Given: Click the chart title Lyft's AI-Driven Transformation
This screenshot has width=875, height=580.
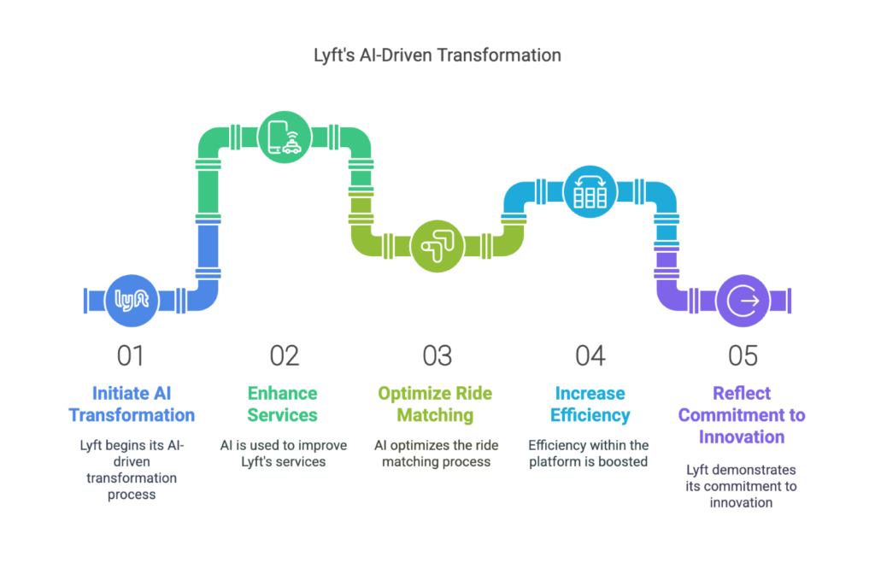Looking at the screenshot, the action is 437,56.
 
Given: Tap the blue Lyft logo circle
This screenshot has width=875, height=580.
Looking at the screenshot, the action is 132,301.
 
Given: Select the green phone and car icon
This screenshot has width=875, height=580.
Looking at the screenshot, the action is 285,138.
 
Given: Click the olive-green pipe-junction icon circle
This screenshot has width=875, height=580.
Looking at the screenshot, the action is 437,246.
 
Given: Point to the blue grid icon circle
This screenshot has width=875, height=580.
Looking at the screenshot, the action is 590,192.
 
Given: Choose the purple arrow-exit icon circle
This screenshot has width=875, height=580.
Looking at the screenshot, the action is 743,301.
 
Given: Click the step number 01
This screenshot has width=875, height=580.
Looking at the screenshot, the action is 131,356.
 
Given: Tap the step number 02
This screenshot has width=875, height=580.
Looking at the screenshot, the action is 284,356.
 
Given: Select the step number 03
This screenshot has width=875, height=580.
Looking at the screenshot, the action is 437,356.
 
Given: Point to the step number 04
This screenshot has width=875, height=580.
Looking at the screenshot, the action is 590,356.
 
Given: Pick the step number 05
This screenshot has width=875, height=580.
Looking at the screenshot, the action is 743,356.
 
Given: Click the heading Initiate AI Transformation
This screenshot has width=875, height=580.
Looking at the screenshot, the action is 132,404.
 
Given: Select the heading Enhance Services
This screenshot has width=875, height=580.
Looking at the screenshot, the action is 282,404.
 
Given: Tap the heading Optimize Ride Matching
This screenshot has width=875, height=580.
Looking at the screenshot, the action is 435,404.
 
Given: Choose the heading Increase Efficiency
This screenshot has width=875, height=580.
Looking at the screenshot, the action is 590,404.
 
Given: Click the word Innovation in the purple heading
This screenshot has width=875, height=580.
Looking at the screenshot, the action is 742,436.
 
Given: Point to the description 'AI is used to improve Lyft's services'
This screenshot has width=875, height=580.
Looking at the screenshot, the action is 284,454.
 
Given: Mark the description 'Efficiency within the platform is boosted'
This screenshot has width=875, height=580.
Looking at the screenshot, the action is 589,454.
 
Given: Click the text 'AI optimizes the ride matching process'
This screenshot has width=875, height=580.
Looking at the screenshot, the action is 437,454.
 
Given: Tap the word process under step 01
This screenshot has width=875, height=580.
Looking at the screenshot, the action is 132,495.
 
